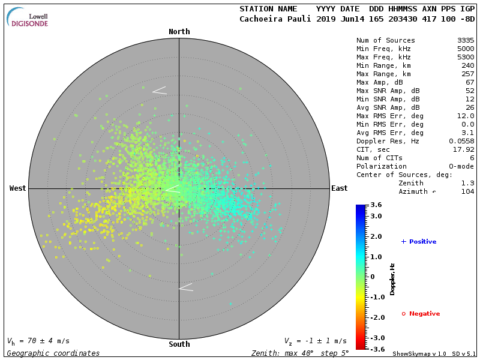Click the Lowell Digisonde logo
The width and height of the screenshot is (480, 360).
[x=28, y=17]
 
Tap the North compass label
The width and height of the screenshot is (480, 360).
[x=179, y=32]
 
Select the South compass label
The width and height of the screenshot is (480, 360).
[x=179, y=344]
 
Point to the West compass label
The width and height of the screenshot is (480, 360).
[x=18, y=188]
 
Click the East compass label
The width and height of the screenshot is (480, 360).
[x=339, y=188]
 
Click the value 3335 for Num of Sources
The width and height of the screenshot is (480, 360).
[x=466, y=40]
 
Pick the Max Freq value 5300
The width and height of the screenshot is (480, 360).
[x=466, y=57]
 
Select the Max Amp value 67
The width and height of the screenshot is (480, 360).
[x=470, y=82]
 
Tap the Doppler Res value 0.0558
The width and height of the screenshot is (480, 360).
[x=461, y=141]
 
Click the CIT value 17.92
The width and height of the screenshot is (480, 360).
[x=464, y=149]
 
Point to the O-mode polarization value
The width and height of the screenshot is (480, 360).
[x=460, y=166]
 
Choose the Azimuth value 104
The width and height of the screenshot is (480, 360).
[x=468, y=191]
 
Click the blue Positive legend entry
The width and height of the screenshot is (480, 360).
[x=419, y=242]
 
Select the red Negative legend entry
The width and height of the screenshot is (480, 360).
[x=421, y=314]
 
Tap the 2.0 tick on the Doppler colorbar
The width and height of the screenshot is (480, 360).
[x=376, y=237]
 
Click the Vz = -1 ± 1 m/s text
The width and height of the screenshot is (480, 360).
[x=315, y=341]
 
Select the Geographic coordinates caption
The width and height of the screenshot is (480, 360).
[x=53, y=353]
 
